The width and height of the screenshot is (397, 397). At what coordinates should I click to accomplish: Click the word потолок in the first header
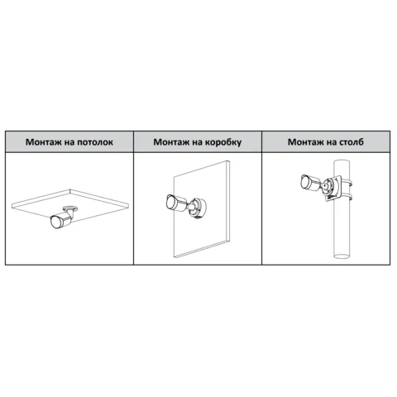click(x=95, y=142)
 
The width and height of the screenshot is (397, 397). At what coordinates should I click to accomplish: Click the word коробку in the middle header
click(x=222, y=142)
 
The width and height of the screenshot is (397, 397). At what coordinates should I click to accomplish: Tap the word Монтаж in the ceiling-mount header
click(x=44, y=142)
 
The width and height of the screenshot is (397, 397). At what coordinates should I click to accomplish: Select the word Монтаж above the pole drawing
click(x=306, y=141)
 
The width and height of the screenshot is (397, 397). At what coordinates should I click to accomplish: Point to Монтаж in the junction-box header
click(x=171, y=142)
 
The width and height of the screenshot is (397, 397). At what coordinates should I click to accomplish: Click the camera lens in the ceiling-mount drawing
click(x=55, y=222)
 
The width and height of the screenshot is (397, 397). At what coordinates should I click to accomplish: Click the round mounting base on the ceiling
click(x=70, y=208)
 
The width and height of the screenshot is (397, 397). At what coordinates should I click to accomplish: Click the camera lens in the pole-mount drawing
click(x=305, y=182)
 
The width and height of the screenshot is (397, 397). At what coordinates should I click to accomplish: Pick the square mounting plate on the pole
click(x=332, y=189)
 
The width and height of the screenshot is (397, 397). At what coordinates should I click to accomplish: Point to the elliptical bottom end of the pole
click(x=342, y=256)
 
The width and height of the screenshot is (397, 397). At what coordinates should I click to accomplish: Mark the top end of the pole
click(x=342, y=161)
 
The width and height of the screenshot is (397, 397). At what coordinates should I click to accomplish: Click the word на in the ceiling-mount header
click(x=69, y=143)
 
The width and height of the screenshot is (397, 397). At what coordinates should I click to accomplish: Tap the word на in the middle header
click(x=197, y=143)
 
